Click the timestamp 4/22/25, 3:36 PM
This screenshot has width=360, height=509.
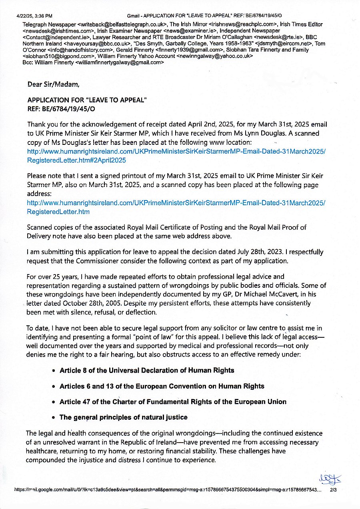(34, 16)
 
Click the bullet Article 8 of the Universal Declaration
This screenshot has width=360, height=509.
(147, 370)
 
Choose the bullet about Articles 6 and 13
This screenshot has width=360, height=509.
(162, 386)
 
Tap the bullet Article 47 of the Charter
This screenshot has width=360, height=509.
(173, 401)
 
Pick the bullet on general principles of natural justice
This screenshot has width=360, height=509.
(123, 417)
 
